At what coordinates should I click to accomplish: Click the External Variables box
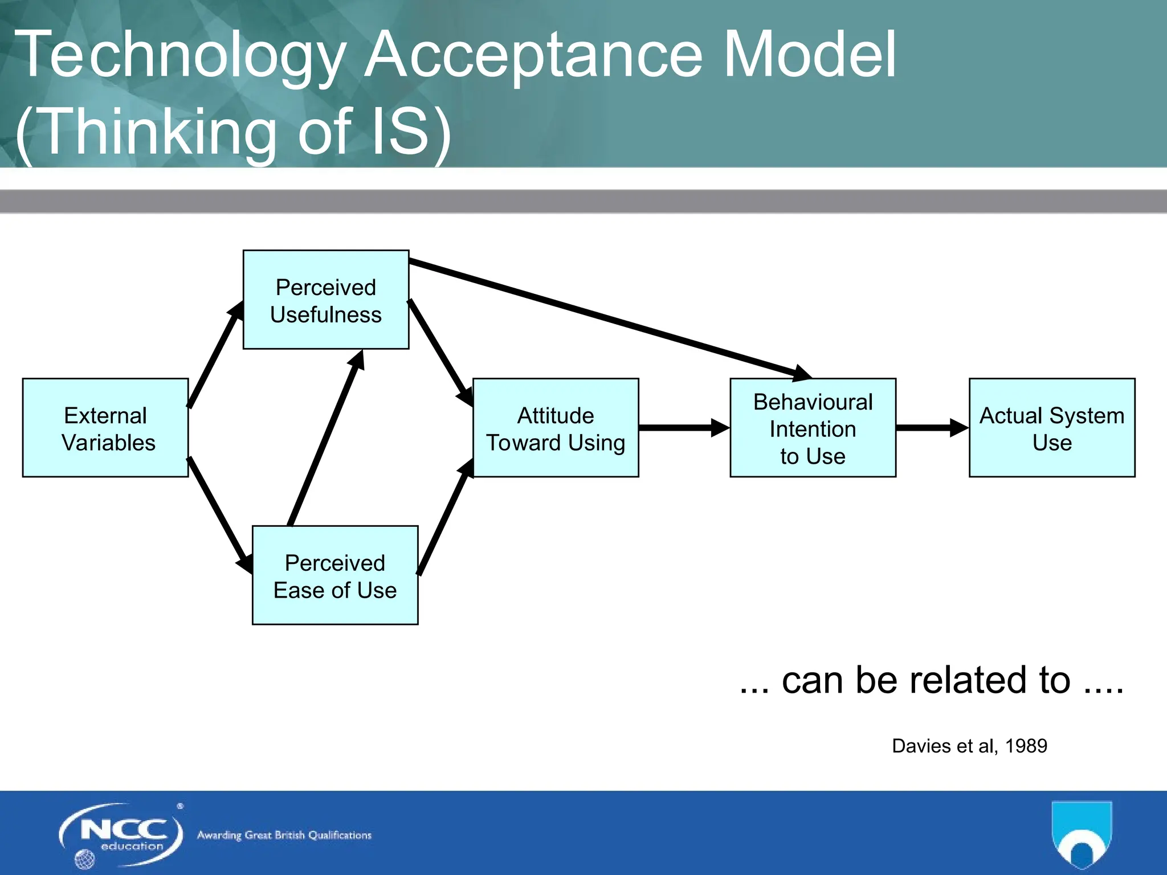105,428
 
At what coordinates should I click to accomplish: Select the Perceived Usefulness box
326,300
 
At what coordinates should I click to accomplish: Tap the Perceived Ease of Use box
335,575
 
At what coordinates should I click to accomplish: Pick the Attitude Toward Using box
556,428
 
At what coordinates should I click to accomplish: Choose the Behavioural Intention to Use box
813,428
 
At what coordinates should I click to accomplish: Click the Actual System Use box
1052,428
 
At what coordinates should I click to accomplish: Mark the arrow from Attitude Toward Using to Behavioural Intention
684,427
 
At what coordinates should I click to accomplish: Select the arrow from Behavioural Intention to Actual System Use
932,427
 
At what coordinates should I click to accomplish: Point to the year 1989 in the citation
1026,746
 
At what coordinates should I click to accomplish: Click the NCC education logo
121,835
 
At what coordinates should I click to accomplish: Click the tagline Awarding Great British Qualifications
284,835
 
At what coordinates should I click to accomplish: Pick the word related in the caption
963,680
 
